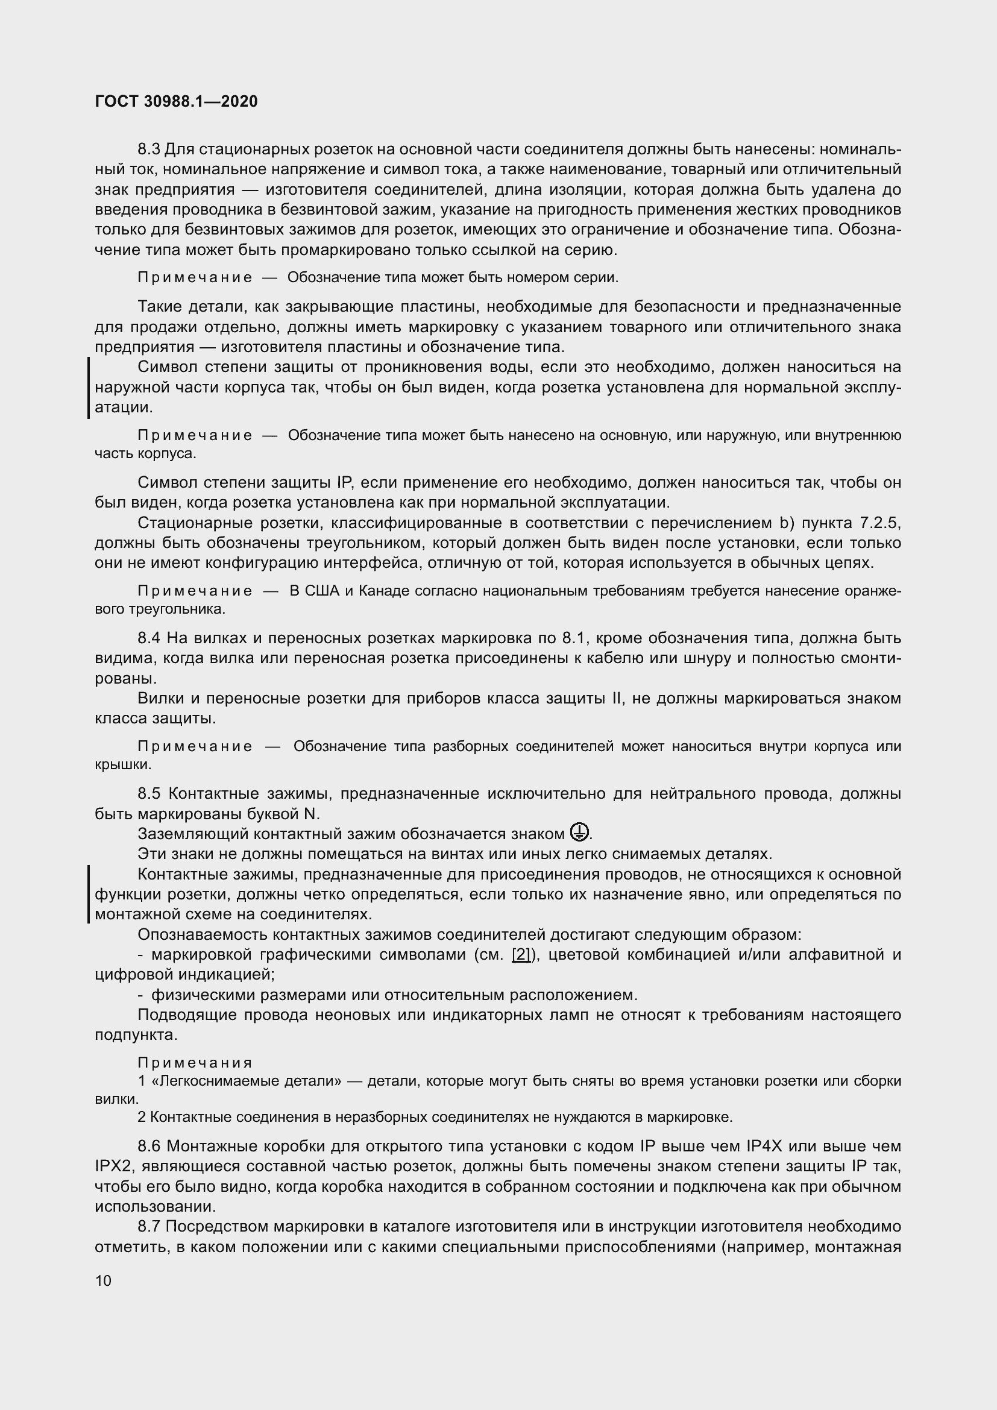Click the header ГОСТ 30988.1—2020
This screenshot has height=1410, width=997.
click(x=176, y=101)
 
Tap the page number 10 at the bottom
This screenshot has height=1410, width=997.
click(x=103, y=1280)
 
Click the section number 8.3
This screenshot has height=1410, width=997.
click(x=148, y=149)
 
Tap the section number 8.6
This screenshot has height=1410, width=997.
click(x=149, y=1146)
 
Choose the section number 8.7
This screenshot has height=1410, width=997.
click(x=149, y=1226)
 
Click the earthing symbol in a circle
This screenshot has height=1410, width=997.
click(x=579, y=832)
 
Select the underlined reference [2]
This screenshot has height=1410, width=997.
click(x=521, y=954)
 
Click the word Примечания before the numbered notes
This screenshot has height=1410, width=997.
click(x=195, y=1063)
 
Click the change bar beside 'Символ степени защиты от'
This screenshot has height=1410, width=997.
click(x=89, y=388)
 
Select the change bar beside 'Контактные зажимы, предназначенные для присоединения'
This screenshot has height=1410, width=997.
click(x=89, y=894)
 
